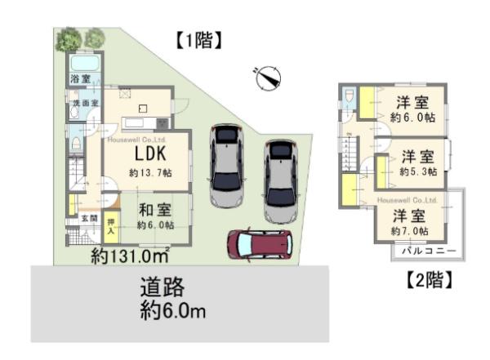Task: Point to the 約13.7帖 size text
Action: pyautogui.click(x=150, y=173)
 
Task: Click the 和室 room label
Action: pyautogui.click(x=152, y=209)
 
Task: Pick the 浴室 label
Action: pyautogui.click(x=79, y=80)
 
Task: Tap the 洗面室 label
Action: pyautogui.click(x=83, y=104)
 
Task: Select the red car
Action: pyautogui.click(x=259, y=243)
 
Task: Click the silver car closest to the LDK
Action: pyautogui.click(x=225, y=166)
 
